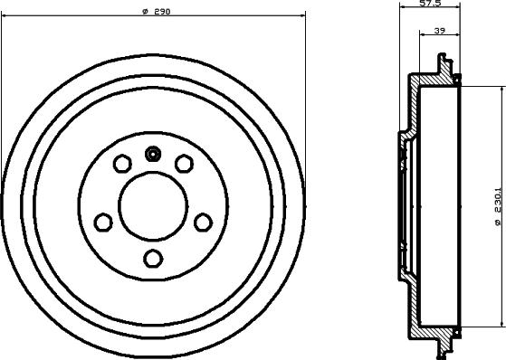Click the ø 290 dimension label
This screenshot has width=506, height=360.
(x=157, y=12)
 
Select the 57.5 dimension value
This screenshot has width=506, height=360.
(x=430, y=4)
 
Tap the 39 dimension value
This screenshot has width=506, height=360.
(x=440, y=31)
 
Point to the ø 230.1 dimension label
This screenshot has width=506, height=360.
(x=497, y=206)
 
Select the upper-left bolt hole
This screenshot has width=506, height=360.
(x=122, y=164)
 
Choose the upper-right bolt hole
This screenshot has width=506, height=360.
(x=184, y=164)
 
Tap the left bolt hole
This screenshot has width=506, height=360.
(x=103, y=223)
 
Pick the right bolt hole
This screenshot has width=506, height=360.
(x=204, y=223)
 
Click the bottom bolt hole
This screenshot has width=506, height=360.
(x=153, y=259)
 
